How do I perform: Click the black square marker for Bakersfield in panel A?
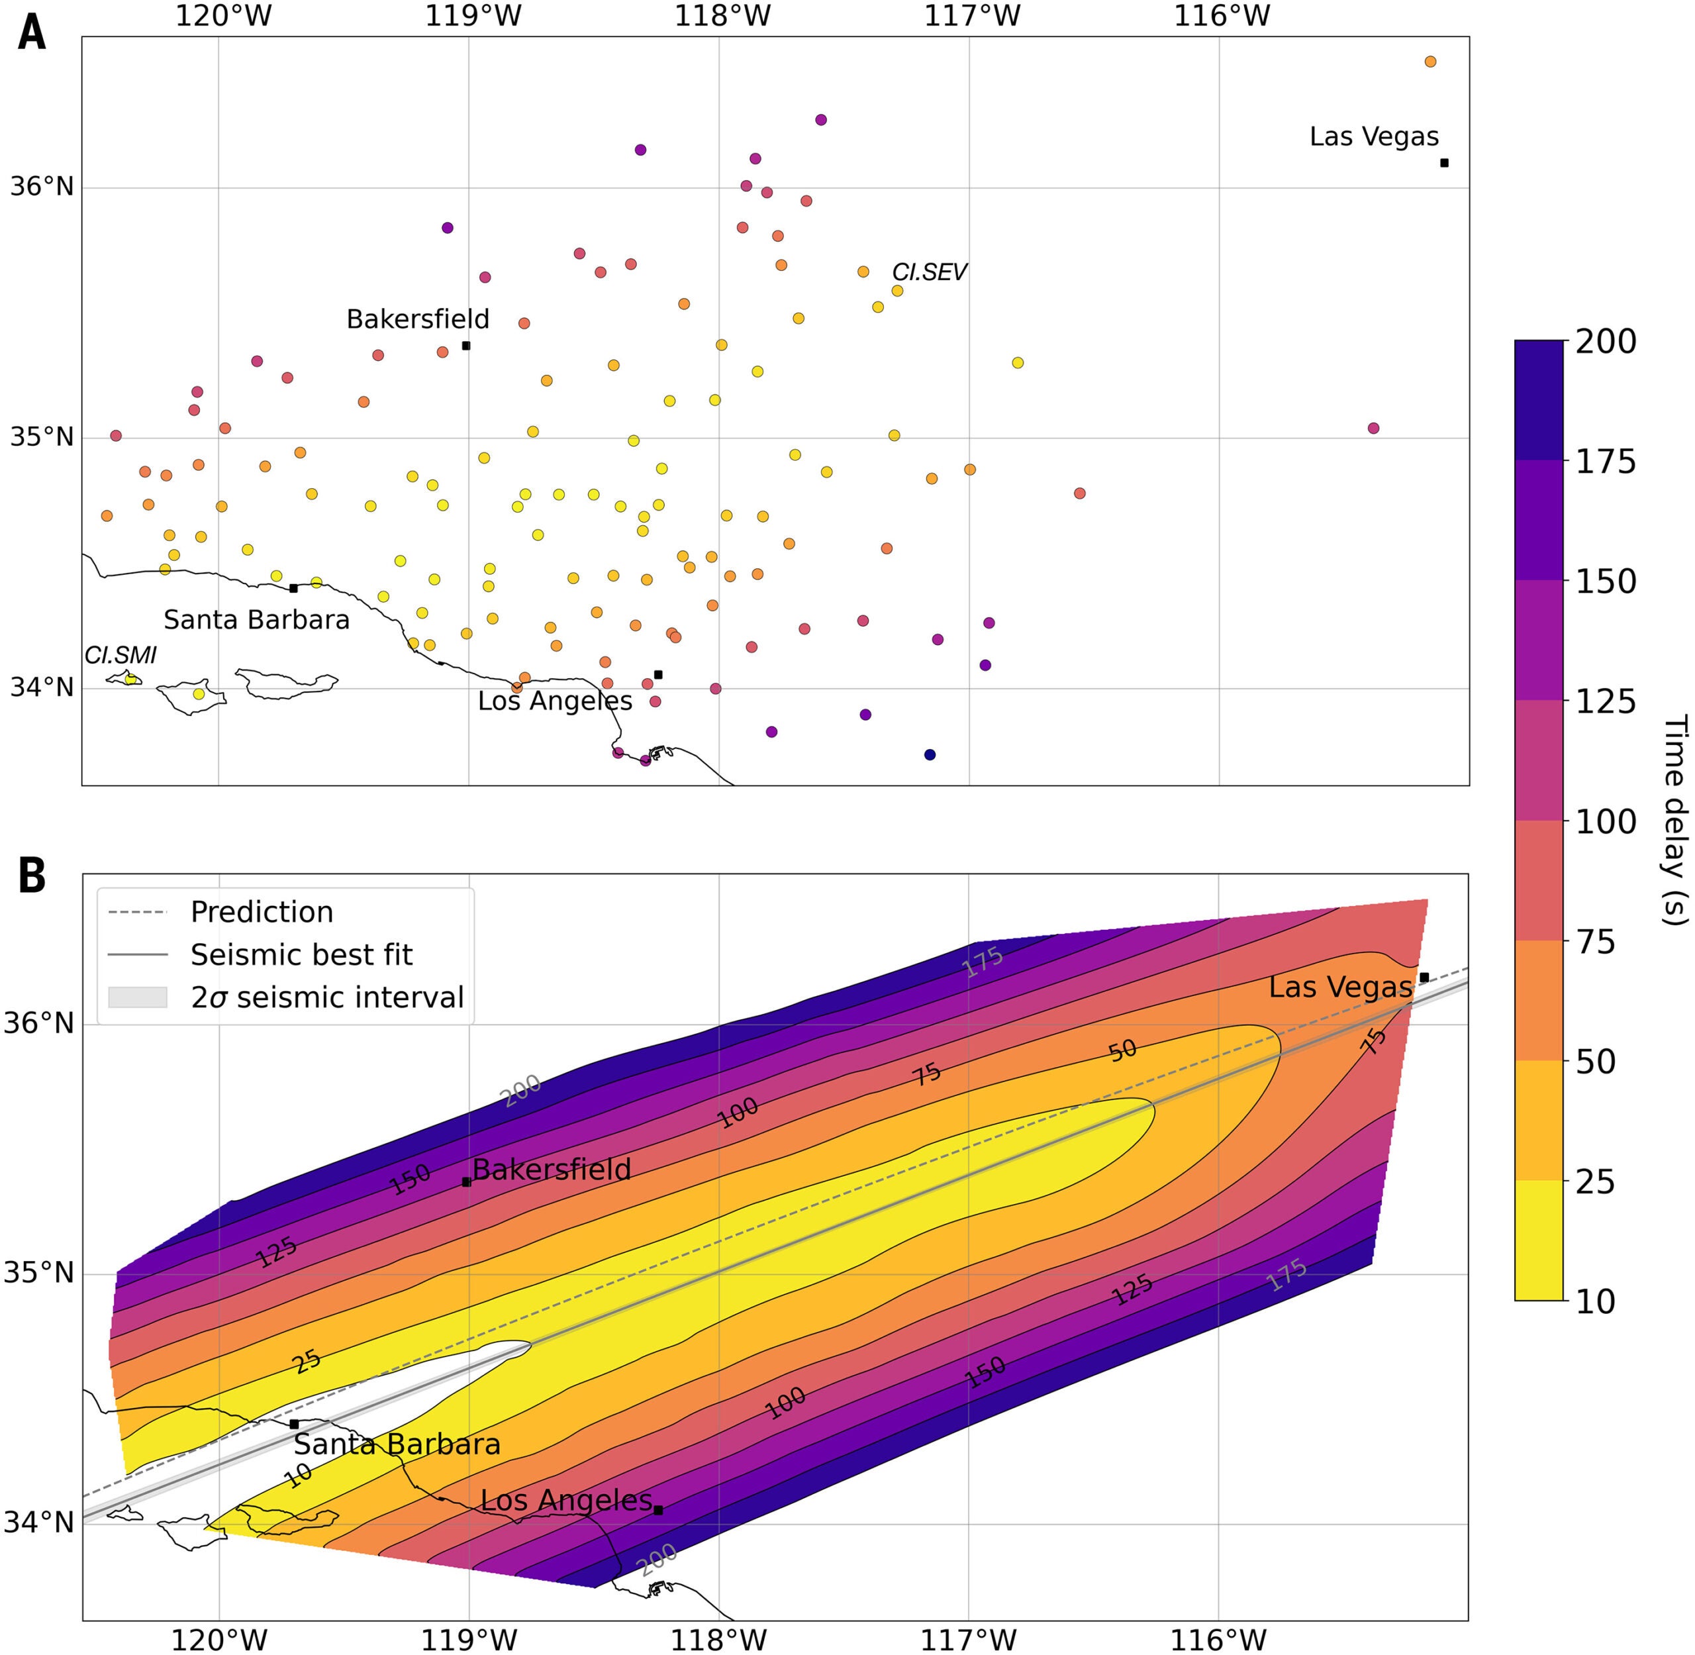click(x=466, y=346)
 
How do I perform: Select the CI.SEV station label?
click(x=928, y=272)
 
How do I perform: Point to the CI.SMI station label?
click(x=120, y=656)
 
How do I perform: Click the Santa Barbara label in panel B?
click(x=397, y=1444)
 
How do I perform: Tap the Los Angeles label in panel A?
click(x=555, y=701)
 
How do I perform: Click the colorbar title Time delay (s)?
click(x=1673, y=821)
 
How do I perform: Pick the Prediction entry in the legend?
click(x=262, y=912)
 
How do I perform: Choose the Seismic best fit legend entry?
click(x=301, y=954)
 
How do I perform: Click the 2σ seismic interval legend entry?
click(x=327, y=997)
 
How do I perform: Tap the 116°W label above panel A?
click(x=1220, y=16)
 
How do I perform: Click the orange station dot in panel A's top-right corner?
click(x=1430, y=62)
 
